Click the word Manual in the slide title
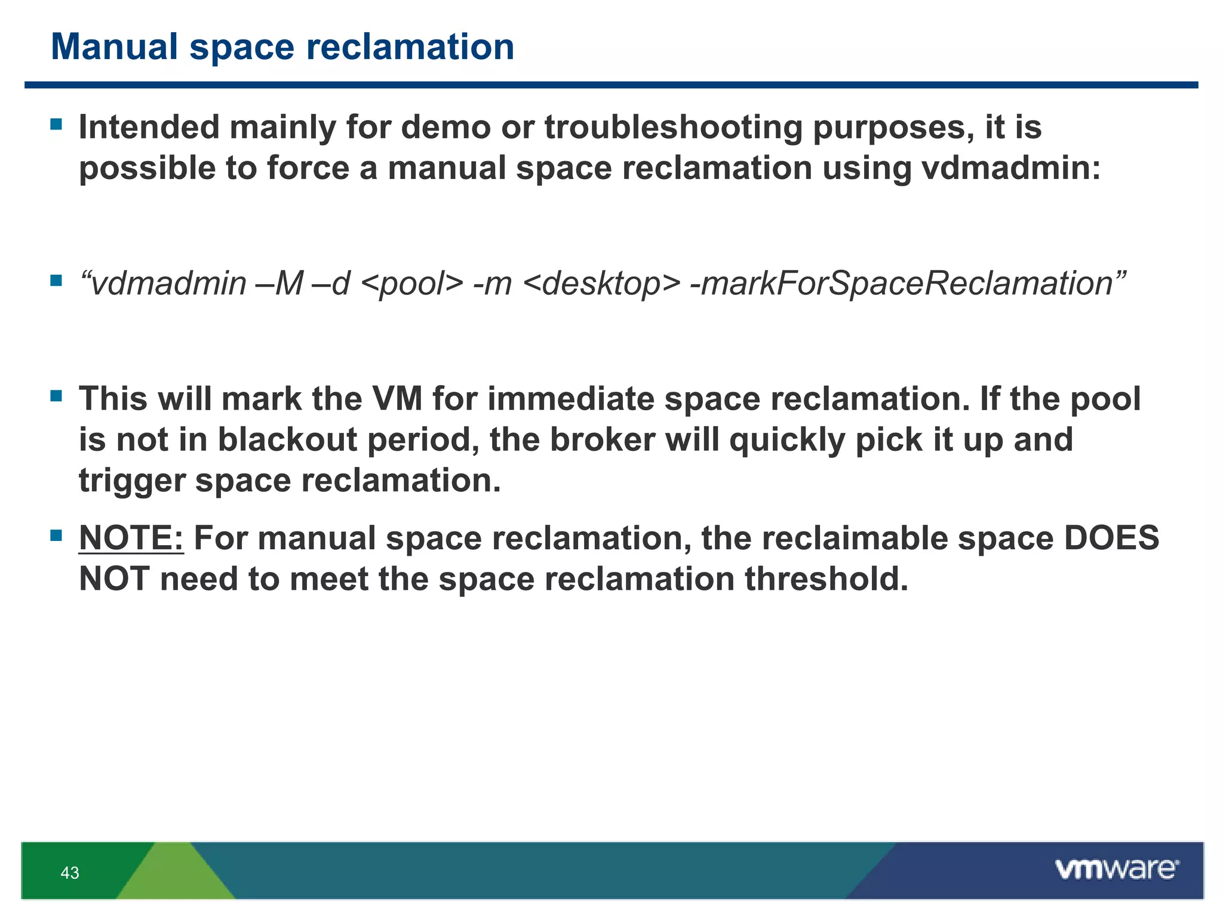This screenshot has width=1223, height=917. coord(114,47)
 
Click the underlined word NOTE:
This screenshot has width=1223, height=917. coord(131,538)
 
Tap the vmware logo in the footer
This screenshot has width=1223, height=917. coord(1116,869)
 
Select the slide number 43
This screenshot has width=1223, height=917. coord(70,873)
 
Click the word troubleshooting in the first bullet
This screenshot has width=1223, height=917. coord(673,128)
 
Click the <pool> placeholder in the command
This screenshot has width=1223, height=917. coord(412,284)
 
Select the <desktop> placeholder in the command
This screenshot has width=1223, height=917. coord(601,284)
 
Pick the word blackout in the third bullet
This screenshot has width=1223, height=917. coord(287,440)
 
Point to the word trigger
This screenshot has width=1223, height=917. coord(132,481)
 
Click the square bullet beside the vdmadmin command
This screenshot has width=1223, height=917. coord(57,280)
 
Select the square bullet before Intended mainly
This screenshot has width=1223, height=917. coord(57,124)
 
